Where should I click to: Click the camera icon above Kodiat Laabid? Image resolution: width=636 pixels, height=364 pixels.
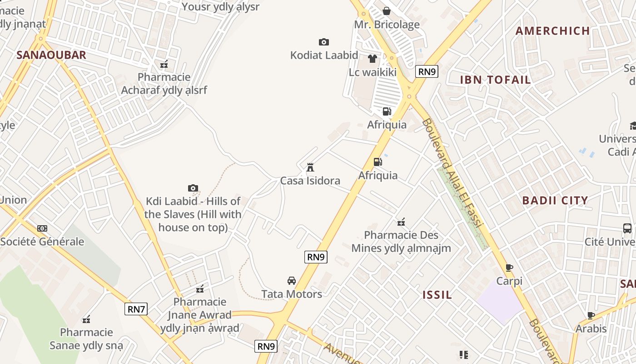point(323,42)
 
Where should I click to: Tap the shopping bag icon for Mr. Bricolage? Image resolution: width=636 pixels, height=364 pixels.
point(387,11)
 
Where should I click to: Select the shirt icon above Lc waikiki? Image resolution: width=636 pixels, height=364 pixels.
point(373,59)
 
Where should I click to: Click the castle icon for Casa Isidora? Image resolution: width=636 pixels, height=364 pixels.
point(310,167)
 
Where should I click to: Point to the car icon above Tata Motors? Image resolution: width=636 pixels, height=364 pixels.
point(292,281)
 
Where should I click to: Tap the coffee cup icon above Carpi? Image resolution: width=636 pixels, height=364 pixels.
point(509,268)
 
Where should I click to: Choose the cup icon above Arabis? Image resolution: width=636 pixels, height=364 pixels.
point(591,315)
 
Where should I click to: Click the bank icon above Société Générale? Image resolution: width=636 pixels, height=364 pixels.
point(42,228)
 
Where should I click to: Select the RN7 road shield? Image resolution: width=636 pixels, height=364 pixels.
point(136,309)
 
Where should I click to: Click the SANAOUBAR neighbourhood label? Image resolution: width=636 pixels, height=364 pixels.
point(51,55)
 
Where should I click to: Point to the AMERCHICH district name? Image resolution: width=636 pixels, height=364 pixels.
point(553,31)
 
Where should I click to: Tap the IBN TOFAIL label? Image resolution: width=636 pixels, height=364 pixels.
point(495,80)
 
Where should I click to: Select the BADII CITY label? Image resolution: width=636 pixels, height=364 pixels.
point(555,200)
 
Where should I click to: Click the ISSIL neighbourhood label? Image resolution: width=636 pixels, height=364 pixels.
point(437,295)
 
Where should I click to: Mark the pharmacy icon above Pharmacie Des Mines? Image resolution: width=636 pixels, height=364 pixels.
point(401,222)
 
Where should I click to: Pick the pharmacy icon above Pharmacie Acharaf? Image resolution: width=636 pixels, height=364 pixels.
point(164,64)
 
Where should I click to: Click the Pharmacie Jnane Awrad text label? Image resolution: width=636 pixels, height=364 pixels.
point(200,315)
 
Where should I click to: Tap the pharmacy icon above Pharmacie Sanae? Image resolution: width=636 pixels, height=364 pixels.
point(86,319)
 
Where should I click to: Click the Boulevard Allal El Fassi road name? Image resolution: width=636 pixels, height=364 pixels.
point(452,173)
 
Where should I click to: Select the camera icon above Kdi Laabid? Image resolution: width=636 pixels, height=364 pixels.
point(193,188)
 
